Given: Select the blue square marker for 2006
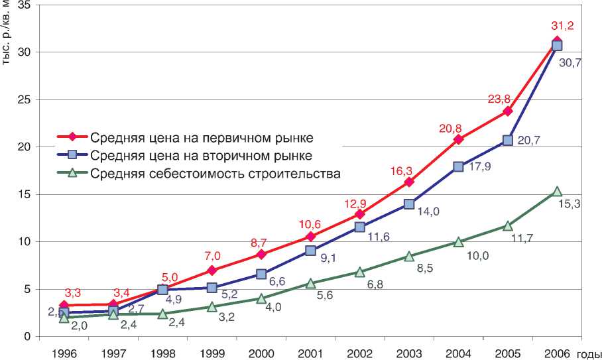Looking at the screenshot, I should (557, 45).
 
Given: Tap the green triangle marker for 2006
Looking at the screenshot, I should (557, 192).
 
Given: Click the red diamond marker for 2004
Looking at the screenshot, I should (459, 139).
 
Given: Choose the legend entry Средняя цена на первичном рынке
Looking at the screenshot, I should (202, 138).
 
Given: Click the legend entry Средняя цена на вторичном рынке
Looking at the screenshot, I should (202, 156).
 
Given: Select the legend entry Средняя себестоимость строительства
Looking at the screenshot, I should (215, 174).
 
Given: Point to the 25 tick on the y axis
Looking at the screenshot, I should (25, 99).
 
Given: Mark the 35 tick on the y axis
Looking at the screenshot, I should (25, 5).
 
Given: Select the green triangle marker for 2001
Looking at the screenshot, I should (311, 283).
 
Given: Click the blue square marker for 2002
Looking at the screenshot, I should (360, 227).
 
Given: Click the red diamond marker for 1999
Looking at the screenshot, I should (212, 270).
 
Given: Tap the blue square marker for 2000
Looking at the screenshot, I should (261, 274).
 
